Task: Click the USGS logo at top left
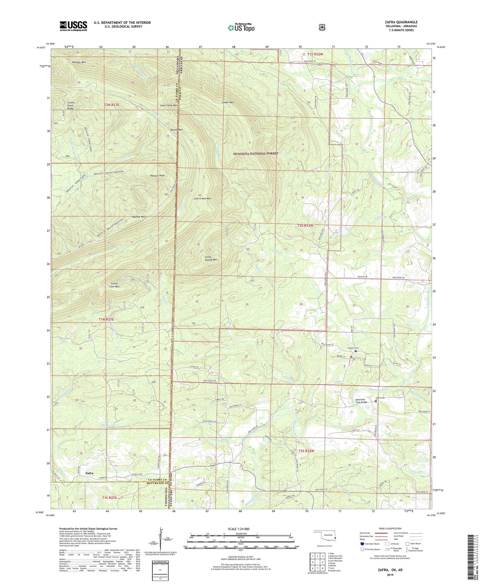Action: click(x=73, y=26)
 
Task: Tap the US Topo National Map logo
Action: click(x=241, y=28)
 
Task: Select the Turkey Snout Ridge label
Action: click(x=70, y=106)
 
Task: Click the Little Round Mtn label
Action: click(x=211, y=258)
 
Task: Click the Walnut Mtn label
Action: click(x=139, y=217)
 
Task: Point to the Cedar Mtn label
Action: click(x=228, y=102)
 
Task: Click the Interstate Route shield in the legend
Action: click(x=362, y=544)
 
